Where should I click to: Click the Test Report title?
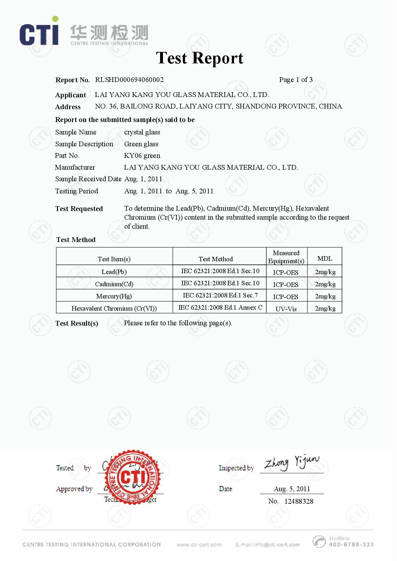point(199,58)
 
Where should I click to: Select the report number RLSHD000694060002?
point(129,80)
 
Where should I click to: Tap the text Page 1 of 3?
point(296,80)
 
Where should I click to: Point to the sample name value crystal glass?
point(142,132)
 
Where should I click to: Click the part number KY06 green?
point(142,156)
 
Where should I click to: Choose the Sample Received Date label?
point(88,179)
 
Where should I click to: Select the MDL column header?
point(325,258)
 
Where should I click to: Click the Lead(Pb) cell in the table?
point(114,272)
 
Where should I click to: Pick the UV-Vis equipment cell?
point(286,309)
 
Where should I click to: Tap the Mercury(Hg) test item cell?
point(114,296)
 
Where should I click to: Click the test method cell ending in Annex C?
point(220,308)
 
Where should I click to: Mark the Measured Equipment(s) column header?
point(286,257)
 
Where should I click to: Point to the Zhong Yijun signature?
point(291,463)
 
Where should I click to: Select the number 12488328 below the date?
point(299,501)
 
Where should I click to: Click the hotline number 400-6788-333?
point(351,544)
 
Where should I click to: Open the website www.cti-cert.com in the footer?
point(199,545)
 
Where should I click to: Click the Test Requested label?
point(79,209)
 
